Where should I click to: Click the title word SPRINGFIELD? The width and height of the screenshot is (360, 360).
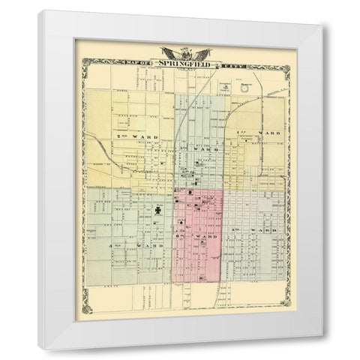(x=178, y=62)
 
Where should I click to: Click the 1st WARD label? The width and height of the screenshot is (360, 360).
(x=259, y=132)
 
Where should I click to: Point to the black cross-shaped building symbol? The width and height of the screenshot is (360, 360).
(x=157, y=211)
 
